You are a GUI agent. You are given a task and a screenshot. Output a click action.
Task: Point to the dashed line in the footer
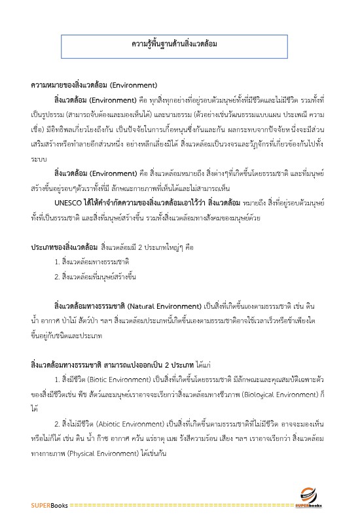(x=183, y=505)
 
